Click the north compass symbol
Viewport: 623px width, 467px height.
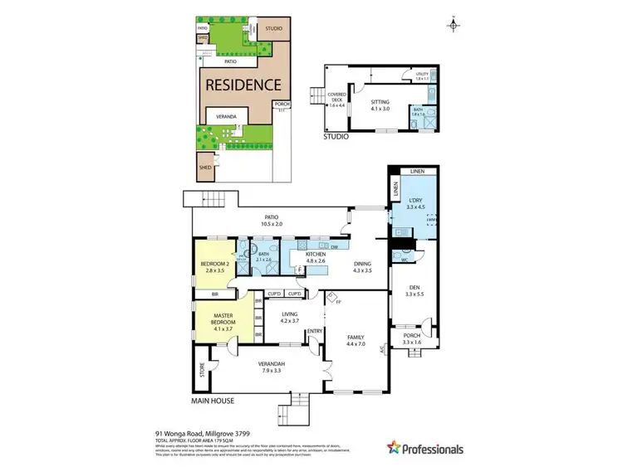452,24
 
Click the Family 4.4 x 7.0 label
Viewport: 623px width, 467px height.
356,340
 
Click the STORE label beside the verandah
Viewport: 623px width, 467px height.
201,370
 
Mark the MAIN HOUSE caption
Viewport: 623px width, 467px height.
213,401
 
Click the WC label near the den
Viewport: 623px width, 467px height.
404,260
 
